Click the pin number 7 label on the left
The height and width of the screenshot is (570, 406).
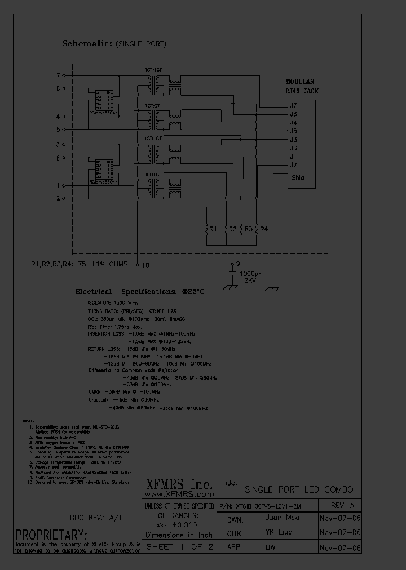pyautogui.click(x=58, y=75)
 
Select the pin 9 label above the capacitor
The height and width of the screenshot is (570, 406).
pyautogui.click(x=238, y=263)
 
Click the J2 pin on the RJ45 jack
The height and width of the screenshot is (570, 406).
pyautogui.click(x=293, y=165)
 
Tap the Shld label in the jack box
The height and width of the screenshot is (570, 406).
pyautogui.click(x=298, y=177)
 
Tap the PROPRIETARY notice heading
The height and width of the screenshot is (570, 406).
pyautogui.click(x=51, y=534)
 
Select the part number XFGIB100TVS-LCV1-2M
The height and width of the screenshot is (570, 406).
pyautogui.click(x=265, y=506)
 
